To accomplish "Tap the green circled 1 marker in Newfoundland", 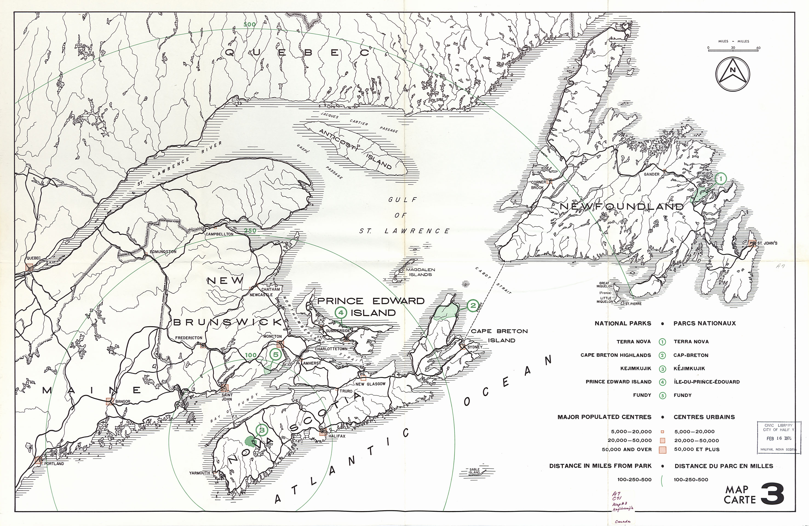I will coord(720,179).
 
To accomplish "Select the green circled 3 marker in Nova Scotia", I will coord(262,430).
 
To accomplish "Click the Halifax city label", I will coord(337,436).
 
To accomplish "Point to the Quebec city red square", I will coord(29,267).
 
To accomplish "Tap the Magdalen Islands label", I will coord(420,272).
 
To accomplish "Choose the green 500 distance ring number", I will coord(249,24).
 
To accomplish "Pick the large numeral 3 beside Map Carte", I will coord(772,495).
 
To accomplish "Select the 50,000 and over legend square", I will coord(662,450).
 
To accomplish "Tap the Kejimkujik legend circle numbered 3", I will coord(662,368).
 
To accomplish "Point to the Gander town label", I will coord(652,174).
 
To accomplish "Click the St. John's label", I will coord(767,243).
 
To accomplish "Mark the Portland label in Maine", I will coord(54,464).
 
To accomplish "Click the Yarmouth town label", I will coord(200,473).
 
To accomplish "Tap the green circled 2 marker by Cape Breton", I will coord(473,306).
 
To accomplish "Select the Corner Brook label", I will coord(538,185).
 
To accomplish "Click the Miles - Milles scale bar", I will coord(733,50).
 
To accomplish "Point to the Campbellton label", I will coord(219,234).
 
